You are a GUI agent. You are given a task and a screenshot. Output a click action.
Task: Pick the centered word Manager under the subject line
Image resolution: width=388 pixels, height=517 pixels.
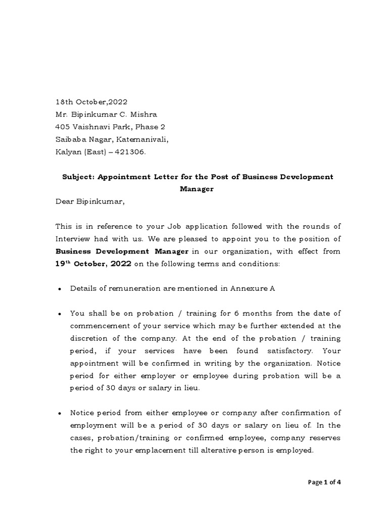(x=197, y=189)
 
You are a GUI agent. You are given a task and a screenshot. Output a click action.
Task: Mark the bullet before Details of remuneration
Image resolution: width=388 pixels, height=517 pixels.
(x=60, y=289)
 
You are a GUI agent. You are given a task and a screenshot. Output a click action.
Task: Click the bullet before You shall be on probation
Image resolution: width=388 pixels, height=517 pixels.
(x=60, y=314)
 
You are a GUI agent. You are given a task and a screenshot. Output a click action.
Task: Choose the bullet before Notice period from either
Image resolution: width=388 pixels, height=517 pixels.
(x=60, y=413)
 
